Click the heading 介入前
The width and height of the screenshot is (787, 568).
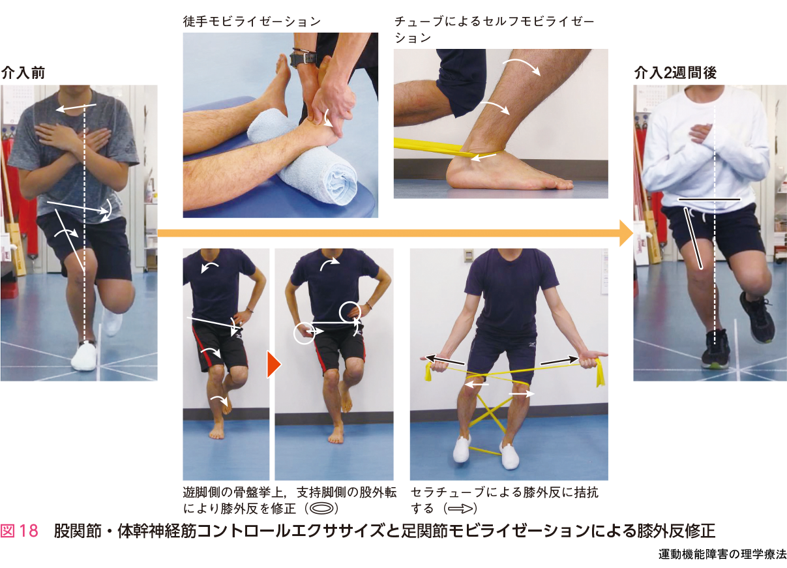click(x=23, y=73)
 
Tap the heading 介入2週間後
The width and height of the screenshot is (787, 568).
click(x=676, y=73)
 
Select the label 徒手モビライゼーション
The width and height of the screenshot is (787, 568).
click(x=252, y=22)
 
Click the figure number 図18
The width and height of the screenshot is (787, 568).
click(x=20, y=530)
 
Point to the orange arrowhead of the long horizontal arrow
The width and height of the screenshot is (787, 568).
click(x=627, y=233)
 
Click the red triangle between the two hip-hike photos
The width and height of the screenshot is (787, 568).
click(x=274, y=365)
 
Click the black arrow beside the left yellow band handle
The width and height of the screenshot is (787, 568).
click(x=445, y=361)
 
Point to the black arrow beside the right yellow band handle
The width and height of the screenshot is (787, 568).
click(x=559, y=361)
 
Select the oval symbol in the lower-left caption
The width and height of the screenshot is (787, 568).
click(x=321, y=509)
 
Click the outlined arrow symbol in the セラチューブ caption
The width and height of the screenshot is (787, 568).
click(x=460, y=509)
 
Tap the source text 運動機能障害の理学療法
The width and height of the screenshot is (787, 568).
click(x=722, y=555)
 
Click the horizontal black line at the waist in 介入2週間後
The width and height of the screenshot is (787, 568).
click(x=709, y=200)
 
